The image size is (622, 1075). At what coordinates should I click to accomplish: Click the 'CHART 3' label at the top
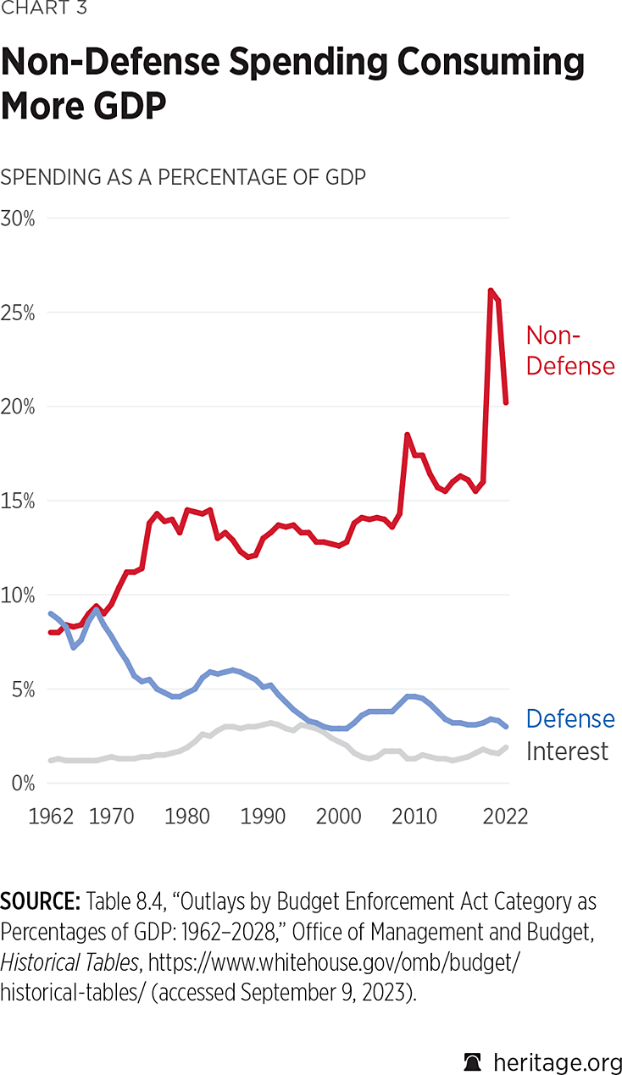pos(44,9)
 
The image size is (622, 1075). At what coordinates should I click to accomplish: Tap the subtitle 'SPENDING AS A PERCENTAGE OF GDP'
pos(183,177)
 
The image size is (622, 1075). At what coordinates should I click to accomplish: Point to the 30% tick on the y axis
pos(18,219)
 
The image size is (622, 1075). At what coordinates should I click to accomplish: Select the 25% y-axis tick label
pos(18,313)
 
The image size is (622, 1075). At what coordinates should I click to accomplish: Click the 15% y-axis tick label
pos(18,501)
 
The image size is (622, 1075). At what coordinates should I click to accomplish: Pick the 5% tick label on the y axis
pos(22,689)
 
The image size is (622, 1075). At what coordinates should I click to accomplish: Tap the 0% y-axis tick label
pos(22,783)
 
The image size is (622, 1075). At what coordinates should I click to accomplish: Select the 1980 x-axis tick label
pos(187,817)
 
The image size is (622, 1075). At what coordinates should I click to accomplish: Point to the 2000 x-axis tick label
pos(339,817)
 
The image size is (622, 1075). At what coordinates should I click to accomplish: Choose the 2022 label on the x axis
pos(505,817)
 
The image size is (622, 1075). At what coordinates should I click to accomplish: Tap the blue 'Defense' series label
pos(569,719)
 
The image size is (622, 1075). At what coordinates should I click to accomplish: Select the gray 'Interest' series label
pos(567,751)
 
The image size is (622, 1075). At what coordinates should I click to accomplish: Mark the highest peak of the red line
pos(491,291)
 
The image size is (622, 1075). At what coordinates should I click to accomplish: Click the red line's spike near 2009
pos(407,435)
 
